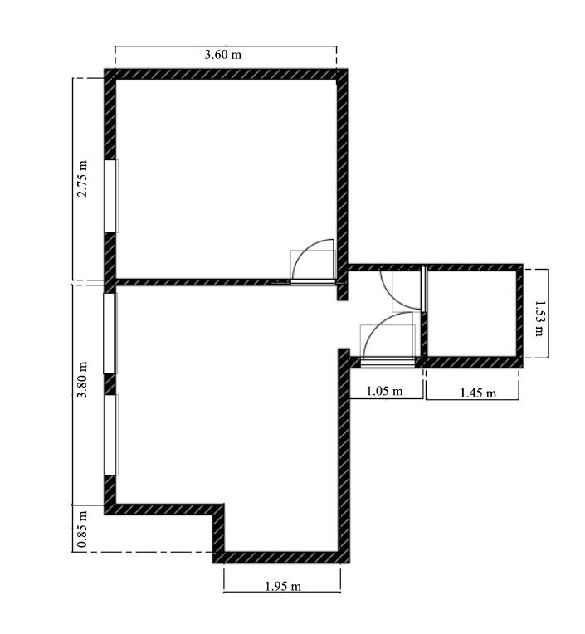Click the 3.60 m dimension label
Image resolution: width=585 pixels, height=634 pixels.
click(x=222, y=55)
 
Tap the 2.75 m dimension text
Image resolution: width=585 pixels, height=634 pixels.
click(x=82, y=178)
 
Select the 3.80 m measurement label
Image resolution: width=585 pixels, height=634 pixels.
click(x=82, y=380)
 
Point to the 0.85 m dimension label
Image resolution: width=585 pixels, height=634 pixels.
click(x=82, y=529)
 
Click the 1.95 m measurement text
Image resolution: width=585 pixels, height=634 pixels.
click(x=283, y=586)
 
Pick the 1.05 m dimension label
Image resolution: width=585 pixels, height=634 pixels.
click(x=384, y=391)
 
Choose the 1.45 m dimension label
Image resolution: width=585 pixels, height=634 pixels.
click(x=478, y=393)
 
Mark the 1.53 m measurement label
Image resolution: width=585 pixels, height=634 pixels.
click(x=539, y=318)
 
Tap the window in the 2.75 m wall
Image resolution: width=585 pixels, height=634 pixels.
click(x=110, y=196)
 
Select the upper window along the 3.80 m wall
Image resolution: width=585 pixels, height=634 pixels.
click(x=110, y=333)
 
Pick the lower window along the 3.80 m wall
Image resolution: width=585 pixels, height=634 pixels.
click(x=110, y=435)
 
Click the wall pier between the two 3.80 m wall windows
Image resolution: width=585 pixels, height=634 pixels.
click(x=110, y=384)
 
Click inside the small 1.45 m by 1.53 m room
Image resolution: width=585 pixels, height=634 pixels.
click(x=472, y=314)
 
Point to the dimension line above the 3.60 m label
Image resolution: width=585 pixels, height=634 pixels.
click(x=226, y=46)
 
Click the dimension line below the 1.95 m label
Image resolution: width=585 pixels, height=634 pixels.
click(x=282, y=593)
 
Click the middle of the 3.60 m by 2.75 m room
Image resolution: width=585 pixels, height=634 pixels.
click(x=226, y=178)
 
